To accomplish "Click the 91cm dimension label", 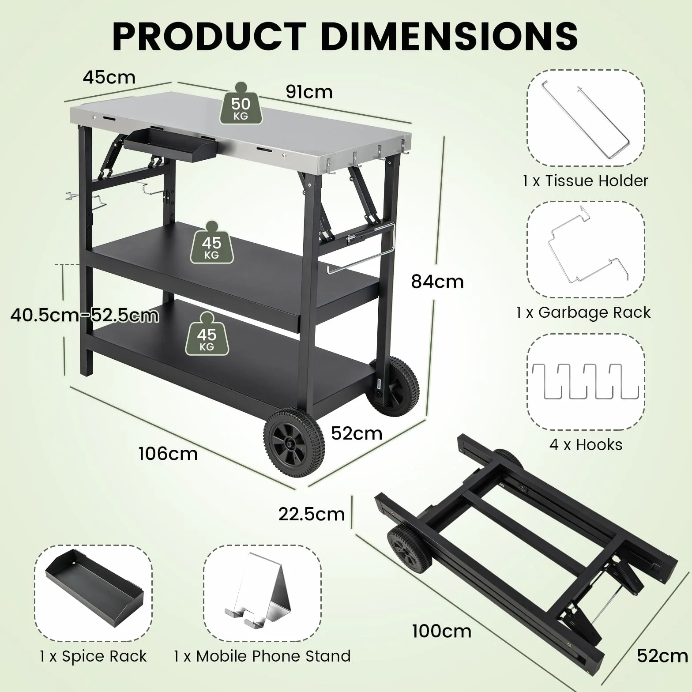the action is coord(309,92).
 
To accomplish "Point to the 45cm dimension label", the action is coord(109,77).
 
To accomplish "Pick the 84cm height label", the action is coord(437,282).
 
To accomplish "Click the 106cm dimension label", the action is coord(168,454).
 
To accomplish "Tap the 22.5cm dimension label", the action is coord(312,514).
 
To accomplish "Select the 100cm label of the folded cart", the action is coord(442,631).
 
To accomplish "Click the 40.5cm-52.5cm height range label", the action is coord(85,316).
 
